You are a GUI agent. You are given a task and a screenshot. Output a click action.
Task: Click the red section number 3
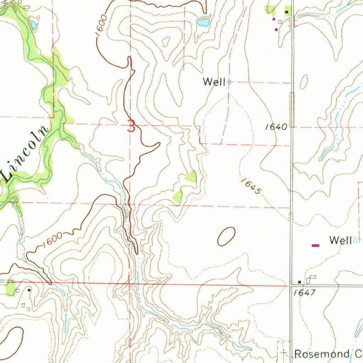pos(132,126)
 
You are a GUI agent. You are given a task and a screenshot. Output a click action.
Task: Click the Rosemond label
pos(322,354)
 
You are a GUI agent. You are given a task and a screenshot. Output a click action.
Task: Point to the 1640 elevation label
pos(276,127)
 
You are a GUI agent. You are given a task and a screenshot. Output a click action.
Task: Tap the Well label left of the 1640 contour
pos(214,82)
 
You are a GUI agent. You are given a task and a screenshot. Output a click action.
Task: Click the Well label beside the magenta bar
pos(340,240)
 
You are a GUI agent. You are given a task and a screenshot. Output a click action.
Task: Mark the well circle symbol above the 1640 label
pos(229,82)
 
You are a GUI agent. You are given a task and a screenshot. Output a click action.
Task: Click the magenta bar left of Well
pos(315,245)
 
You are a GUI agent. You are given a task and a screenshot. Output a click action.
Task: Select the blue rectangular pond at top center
pos(203,23)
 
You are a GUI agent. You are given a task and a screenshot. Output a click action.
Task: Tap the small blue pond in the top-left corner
pos(33,24)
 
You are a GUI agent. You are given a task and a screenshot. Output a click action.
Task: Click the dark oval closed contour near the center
pos(226,236)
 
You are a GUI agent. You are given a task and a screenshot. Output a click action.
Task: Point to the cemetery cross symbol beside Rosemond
pos(284,352)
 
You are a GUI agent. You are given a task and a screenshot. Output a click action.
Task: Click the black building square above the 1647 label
pos(300,282)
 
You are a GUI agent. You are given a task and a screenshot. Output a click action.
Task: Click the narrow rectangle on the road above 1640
pos(292,109)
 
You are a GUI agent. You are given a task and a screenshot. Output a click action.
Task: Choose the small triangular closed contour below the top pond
pos(166,42)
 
